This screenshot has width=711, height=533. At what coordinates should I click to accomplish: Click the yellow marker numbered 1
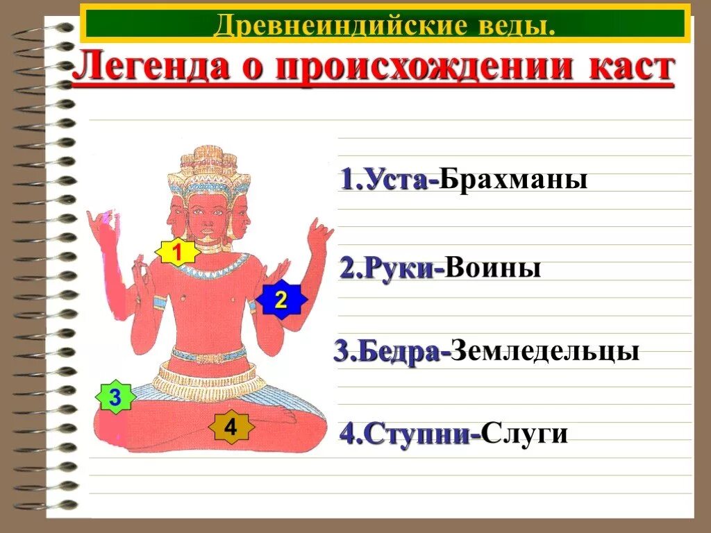tap(177, 253)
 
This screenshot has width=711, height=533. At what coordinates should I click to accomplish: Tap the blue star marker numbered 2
tap(281, 301)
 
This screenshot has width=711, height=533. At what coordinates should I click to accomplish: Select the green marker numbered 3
tap(115, 398)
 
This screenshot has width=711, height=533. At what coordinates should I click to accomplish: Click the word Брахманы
tap(513, 180)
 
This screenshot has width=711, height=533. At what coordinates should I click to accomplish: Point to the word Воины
tap(493, 268)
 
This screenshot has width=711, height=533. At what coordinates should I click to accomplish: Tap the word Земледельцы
tap(544, 350)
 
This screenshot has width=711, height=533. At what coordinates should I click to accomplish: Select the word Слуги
tap(525, 434)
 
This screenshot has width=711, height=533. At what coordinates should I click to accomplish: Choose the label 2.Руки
tap(392, 269)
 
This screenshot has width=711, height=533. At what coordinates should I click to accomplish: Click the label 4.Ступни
tap(410, 434)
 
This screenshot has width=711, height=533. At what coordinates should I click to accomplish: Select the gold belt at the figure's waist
tap(209, 356)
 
